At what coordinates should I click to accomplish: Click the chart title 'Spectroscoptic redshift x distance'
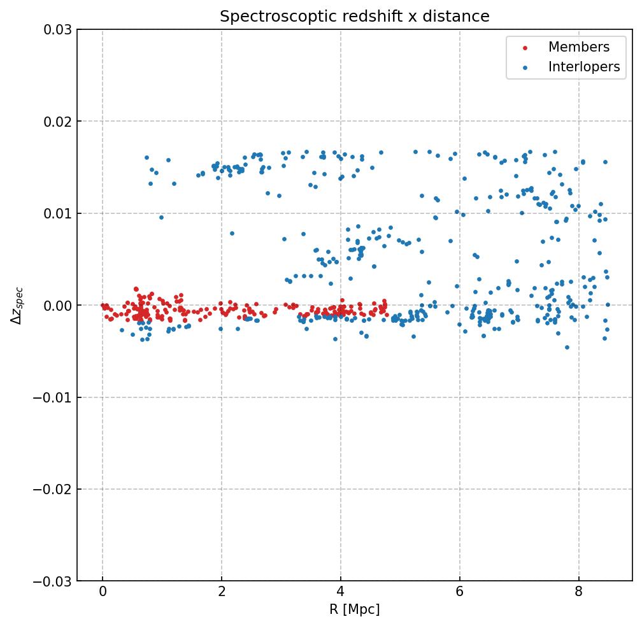(355, 17)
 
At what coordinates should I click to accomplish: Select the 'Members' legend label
(578, 48)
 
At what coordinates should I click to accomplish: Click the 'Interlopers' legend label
(583, 67)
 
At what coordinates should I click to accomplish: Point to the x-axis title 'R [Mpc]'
(355, 609)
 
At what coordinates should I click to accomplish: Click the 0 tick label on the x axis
(103, 593)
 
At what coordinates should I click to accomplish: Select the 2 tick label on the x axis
(222, 593)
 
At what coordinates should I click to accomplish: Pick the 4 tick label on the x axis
(341, 593)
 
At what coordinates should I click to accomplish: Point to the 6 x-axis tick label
(459, 593)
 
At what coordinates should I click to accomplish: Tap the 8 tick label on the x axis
(578, 593)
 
